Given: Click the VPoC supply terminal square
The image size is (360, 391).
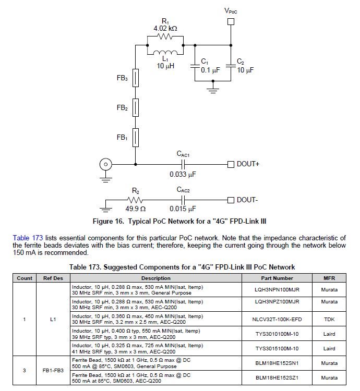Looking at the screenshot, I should [x=231, y=22].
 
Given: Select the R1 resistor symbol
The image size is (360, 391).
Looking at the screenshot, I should [x=164, y=37].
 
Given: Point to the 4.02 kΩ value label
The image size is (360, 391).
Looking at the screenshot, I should [x=165, y=28].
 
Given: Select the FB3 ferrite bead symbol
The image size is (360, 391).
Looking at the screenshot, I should [x=135, y=79].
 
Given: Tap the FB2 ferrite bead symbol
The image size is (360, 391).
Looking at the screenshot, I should [x=135, y=108].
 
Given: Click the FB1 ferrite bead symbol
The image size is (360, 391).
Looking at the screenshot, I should [x=135, y=138].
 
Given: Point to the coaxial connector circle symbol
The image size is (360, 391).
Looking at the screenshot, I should [x=105, y=165].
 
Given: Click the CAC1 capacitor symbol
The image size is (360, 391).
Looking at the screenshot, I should [x=183, y=164].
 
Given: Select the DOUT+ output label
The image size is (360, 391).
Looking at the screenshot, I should [x=248, y=164].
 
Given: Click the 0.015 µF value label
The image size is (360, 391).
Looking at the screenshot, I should [x=183, y=210].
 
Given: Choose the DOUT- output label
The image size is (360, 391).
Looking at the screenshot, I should [x=247, y=200].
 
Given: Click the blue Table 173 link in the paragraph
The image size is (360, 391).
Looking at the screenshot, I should [x=27, y=238].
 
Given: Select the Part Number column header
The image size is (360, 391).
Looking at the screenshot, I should [x=276, y=278].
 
